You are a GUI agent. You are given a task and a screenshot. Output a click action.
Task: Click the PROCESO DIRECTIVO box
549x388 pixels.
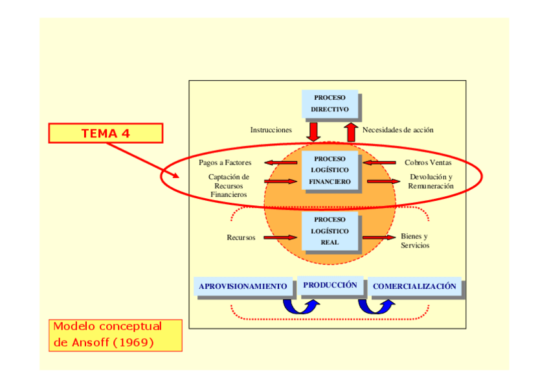tap(330, 104)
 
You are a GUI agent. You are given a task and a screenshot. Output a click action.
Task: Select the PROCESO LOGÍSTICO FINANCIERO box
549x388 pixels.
tap(330, 170)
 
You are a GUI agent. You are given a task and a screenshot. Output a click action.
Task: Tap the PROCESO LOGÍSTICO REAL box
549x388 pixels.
tap(330, 231)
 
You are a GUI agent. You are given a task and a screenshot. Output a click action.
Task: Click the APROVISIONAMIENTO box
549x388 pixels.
tap(243, 286)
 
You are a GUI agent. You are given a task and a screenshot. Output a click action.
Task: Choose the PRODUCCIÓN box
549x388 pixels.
tap(330, 285)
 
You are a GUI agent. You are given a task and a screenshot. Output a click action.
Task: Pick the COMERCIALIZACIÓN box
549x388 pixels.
tap(414, 286)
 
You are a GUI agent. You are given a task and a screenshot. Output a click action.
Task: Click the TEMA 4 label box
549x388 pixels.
tap(106, 133)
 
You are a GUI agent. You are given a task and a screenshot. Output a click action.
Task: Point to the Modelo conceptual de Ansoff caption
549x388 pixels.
tap(115, 335)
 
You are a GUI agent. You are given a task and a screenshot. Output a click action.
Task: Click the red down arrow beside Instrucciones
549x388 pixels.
tap(313, 132)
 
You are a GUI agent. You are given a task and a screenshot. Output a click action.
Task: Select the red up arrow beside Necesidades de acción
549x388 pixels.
tap(351, 132)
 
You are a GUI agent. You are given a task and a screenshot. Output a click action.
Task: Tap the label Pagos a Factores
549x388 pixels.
tap(225, 163)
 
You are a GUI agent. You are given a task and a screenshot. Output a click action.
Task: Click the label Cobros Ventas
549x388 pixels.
tap(428, 163)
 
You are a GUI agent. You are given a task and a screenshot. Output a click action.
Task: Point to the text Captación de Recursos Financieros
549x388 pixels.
tap(229, 186)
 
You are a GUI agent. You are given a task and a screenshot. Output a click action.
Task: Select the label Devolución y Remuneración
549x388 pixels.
tap(431, 181)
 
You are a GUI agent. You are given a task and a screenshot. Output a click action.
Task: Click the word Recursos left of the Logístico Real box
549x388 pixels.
tap(241, 238)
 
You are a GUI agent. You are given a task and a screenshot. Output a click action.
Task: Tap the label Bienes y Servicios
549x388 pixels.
tap(415, 240)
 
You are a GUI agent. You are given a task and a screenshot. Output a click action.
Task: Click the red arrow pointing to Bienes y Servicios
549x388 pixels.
tap(379, 238)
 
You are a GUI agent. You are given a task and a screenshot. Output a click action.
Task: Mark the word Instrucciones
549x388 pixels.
tap(271, 130)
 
